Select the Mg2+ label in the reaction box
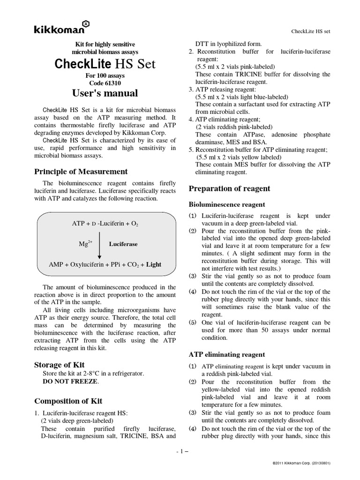click(86, 244)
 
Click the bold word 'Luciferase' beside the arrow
click(123, 244)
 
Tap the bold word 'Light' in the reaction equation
click(153, 264)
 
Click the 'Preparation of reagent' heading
click(229, 189)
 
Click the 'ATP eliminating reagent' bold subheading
click(226, 354)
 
